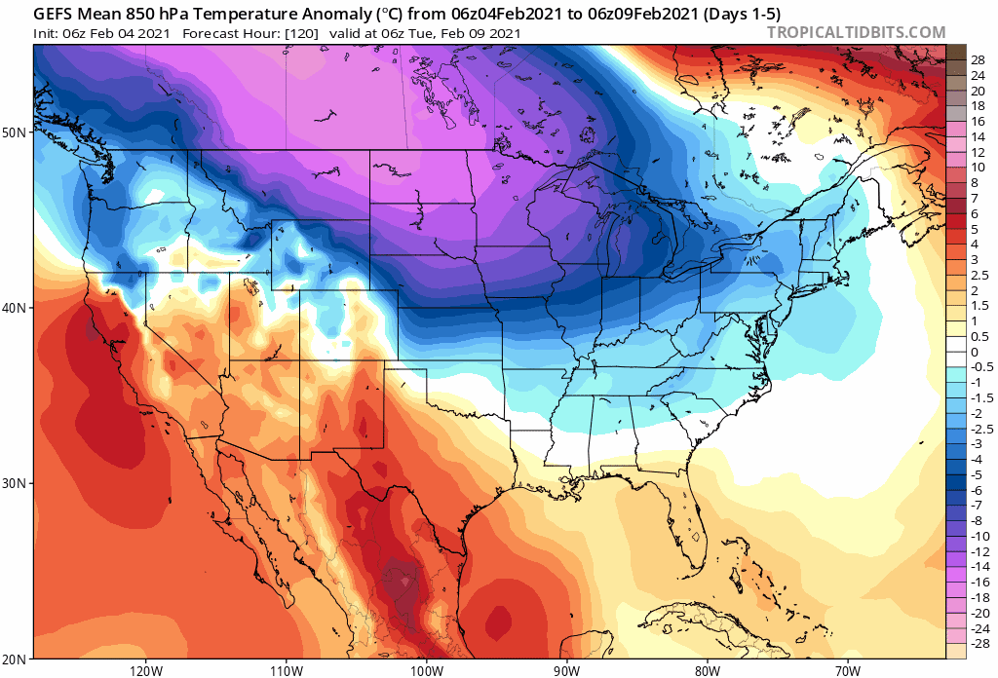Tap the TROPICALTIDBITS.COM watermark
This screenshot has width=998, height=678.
tap(856, 33)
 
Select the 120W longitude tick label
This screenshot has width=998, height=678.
tap(145, 670)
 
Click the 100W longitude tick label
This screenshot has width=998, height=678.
tap(426, 670)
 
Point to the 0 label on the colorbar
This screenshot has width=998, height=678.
tap(975, 353)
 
